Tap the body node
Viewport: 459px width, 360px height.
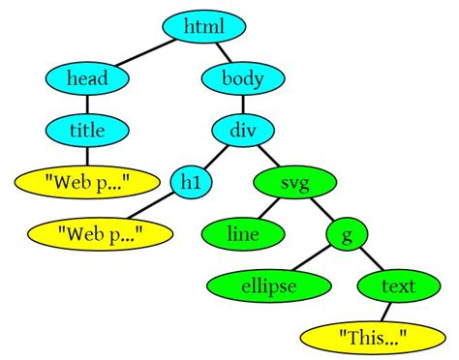coord(244,77)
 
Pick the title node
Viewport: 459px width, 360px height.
coord(88,128)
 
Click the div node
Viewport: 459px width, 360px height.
coord(243,128)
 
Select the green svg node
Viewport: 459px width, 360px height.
coord(295,181)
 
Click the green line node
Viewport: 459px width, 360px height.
coord(242,233)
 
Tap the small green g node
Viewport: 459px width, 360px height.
coord(347,233)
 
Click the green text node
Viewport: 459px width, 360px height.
coord(397,285)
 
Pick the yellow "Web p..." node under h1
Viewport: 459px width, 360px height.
coord(101,232)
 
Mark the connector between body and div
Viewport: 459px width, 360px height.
coord(243,103)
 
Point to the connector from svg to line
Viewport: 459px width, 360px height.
coord(268,208)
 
